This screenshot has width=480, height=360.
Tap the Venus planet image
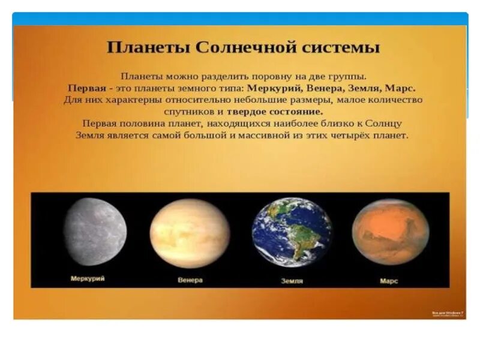click(190, 233)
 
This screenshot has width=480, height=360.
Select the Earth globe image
click(292, 232)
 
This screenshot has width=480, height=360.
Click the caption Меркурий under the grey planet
click(88, 278)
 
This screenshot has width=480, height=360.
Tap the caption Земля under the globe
click(292, 281)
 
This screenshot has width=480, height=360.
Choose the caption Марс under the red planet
click(389, 280)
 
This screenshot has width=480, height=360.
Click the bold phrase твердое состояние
click(275, 112)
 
